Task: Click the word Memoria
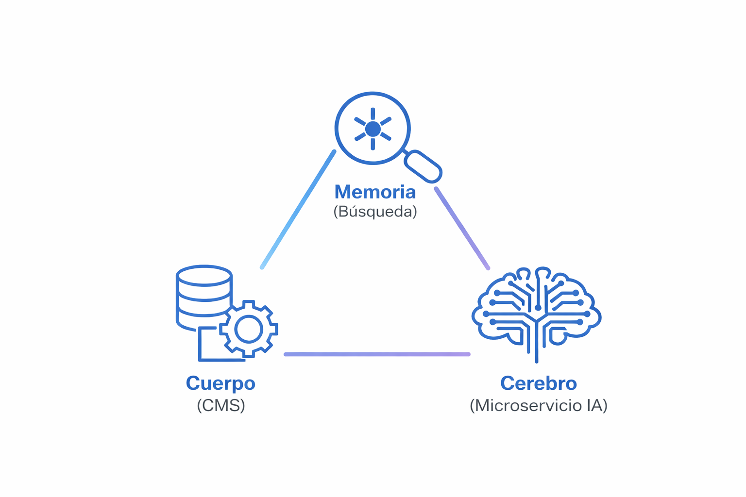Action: pos(375,192)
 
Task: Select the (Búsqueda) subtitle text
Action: pos(375,212)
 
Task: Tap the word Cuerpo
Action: pos(220,383)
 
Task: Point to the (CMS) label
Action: pos(221,405)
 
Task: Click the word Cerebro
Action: pos(539,383)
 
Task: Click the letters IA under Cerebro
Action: pos(594,405)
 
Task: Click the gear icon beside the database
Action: pos(249,329)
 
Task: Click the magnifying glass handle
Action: pos(423,166)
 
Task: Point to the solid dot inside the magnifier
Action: pos(373,129)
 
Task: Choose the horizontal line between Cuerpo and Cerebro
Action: pos(377,354)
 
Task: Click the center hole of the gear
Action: pos(249,330)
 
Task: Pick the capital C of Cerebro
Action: pos(507,383)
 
